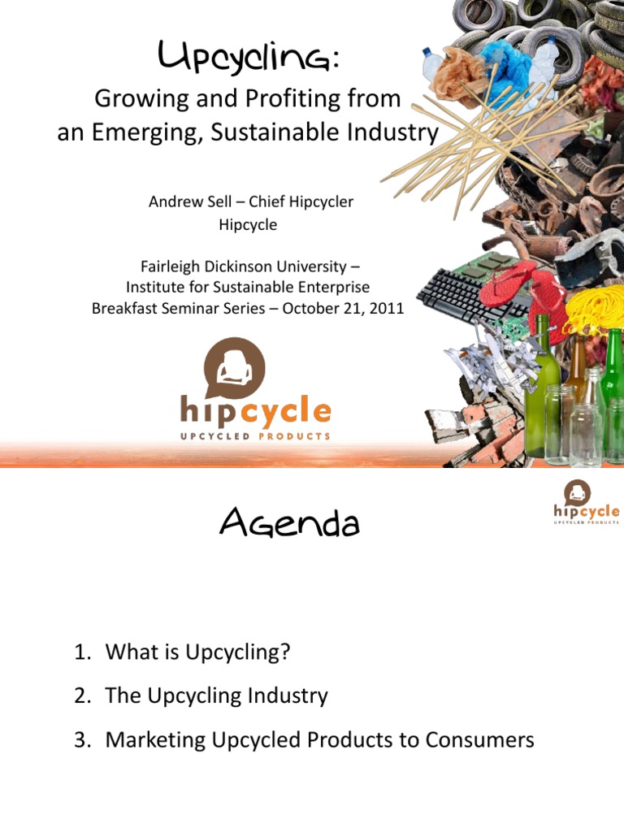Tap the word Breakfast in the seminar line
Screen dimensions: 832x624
124,309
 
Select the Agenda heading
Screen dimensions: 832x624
288,525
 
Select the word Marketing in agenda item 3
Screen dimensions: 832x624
153,740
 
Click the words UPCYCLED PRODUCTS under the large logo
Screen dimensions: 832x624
255,436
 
